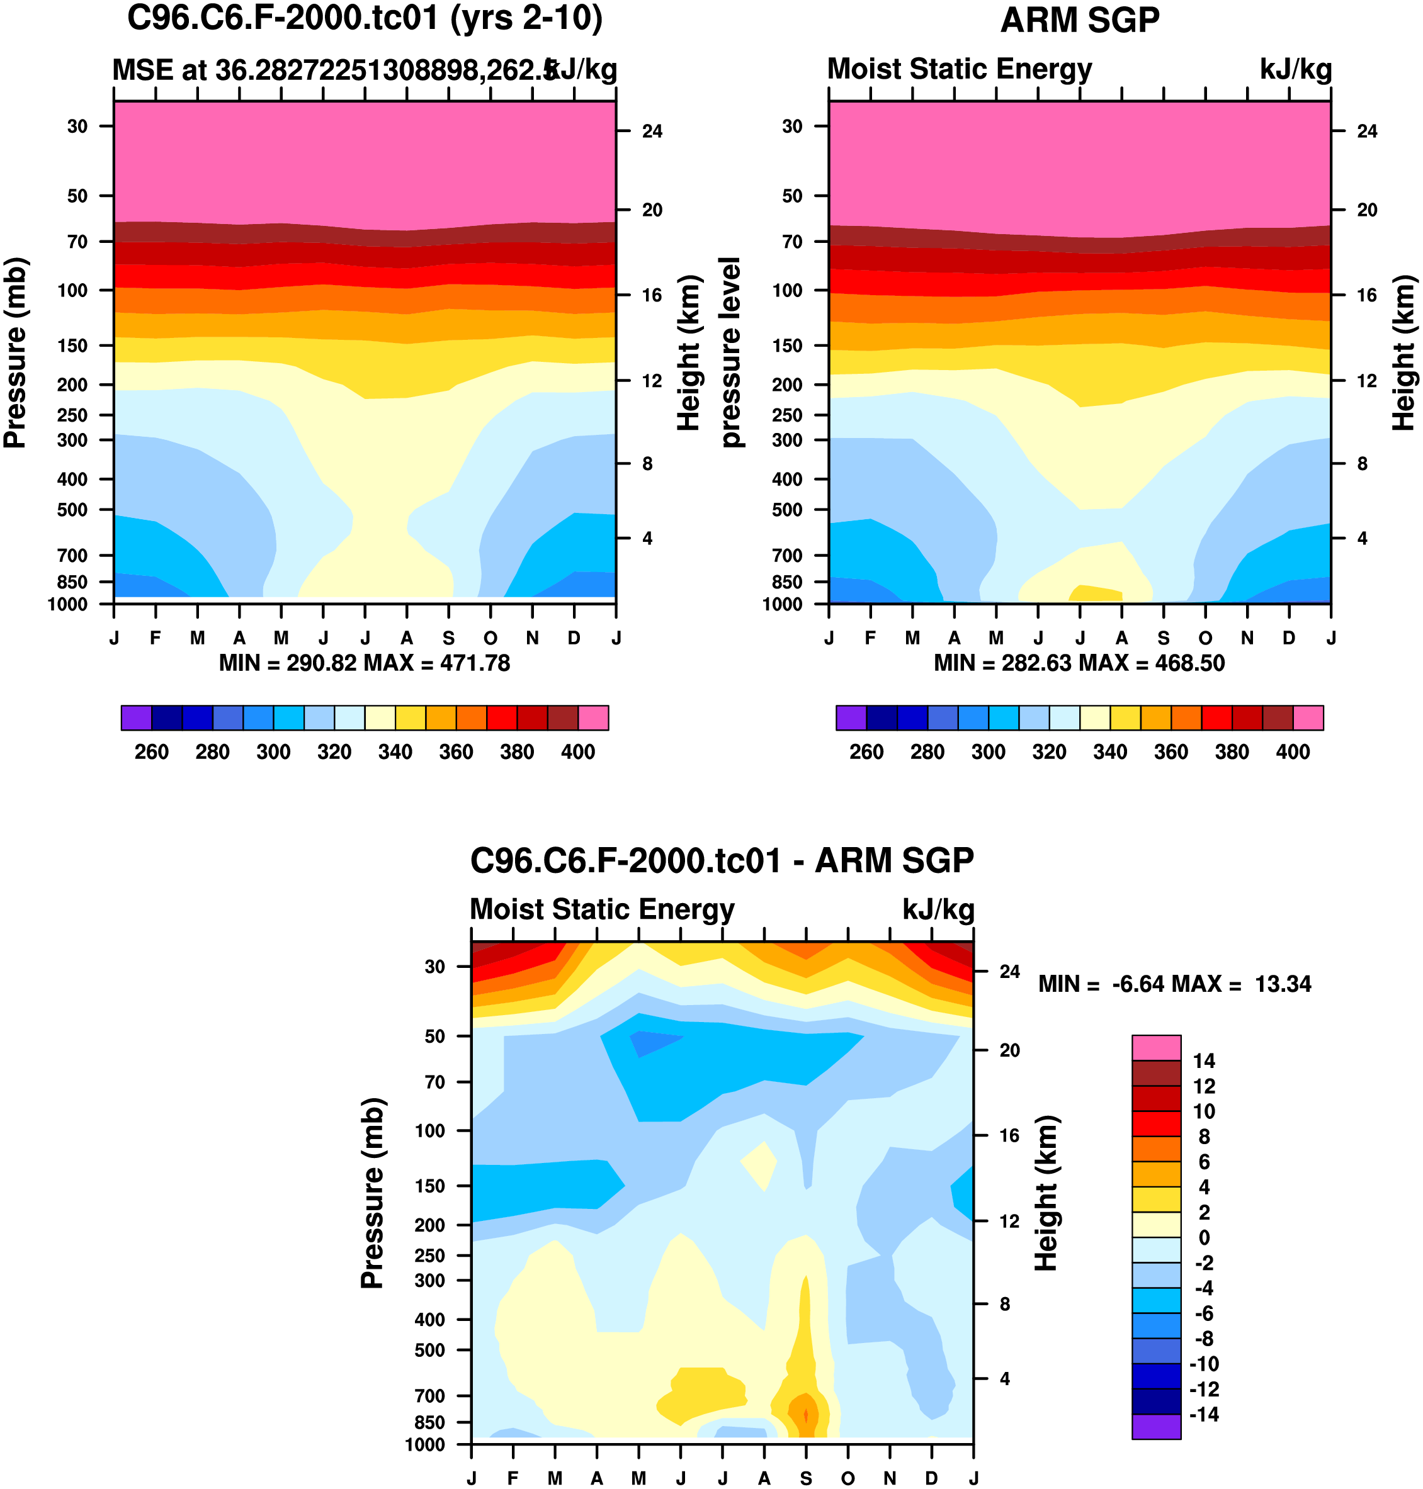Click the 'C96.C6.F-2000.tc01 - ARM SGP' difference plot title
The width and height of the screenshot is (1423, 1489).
tap(722, 860)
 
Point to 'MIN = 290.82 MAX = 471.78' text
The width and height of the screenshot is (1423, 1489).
tap(364, 663)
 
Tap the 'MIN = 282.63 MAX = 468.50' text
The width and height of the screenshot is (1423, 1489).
tap(1079, 663)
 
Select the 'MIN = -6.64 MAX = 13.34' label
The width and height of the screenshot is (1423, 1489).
tap(1174, 984)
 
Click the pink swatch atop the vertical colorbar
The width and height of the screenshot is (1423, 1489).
tap(1156, 1048)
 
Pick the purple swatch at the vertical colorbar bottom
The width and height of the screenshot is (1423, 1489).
tap(1156, 1426)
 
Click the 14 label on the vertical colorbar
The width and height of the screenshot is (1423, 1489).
tap(1204, 1060)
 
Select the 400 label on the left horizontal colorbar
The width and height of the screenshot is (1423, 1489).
tap(577, 752)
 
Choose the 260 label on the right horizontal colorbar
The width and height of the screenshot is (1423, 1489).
tap(866, 752)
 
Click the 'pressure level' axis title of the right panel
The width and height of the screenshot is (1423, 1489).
tap(730, 352)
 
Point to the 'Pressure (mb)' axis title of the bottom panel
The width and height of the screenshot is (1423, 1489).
tap(373, 1193)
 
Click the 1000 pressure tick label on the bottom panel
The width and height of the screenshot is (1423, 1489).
tap(426, 1444)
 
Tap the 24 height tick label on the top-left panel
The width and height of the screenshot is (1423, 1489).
tap(652, 131)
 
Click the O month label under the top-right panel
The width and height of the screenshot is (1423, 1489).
tap(1205, 638)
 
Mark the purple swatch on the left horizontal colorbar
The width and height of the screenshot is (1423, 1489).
tap(137, 717)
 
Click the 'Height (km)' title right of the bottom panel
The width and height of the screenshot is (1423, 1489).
tap(1046, 1193)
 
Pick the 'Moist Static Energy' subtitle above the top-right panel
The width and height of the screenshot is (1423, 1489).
tap(959, 69)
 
